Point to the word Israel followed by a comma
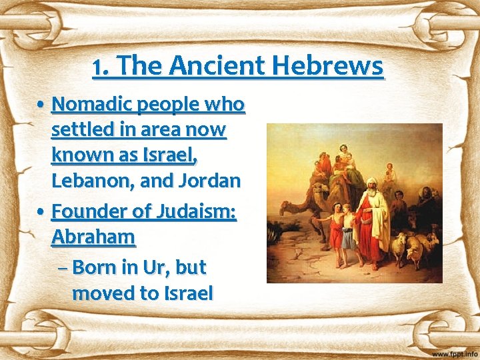(x=167, y=155)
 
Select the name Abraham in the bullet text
(x=93, y=237)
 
